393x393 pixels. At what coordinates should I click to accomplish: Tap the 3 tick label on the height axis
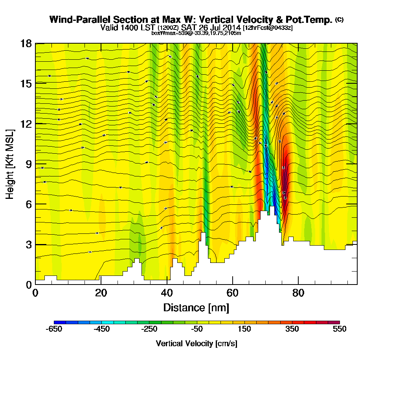[x=28, y=244]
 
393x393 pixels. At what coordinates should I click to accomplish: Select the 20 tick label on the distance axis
[x=101, y=293]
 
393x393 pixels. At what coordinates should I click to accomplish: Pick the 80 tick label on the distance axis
[x=298, y=293]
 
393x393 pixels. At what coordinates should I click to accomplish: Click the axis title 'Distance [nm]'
[x=196, y=307]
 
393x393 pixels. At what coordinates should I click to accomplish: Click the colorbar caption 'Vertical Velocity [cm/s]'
[x=196, y=343]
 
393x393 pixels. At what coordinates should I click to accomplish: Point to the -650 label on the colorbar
[x=54, y=329]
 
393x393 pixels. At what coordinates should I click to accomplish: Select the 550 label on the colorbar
[x=340, y=329]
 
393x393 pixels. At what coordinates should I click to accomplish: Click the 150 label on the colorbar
[x=244, y=329]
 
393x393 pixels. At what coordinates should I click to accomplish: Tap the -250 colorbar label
[x=149, y=329]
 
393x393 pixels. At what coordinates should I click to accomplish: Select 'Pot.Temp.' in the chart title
[x=314, y=19]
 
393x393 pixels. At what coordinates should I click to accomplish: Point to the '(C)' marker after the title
[x=339, y=19]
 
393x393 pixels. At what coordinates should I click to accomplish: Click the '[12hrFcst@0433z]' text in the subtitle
[x=267, y=28]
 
